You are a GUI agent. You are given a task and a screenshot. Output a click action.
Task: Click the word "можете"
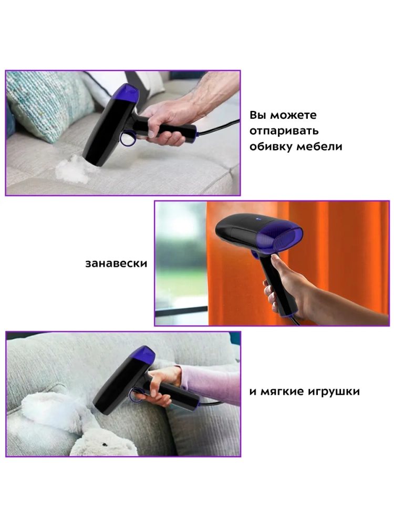pyautogui.click(x=293, y=115)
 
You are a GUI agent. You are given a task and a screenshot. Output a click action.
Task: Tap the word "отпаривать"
pyautogui.click(x=284, y=131)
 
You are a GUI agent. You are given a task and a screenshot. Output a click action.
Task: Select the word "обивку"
pyautogui.click(x=271, y=147)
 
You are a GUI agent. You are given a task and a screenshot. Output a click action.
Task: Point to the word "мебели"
pyautogui.click(x=319, y=147)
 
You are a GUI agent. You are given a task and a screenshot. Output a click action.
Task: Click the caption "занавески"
pyautogui.click(x=116, y=264)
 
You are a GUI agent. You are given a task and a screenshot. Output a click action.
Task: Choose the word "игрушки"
pyautogui.click(x=336, y=391)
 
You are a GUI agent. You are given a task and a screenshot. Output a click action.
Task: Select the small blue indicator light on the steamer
pyautogui.click(x=258, y=220)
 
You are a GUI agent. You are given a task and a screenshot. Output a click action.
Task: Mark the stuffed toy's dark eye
pyautogui.click(x=105, y=443)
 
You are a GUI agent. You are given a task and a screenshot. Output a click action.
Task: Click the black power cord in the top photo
pyautogui.click(x=219, y=127)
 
